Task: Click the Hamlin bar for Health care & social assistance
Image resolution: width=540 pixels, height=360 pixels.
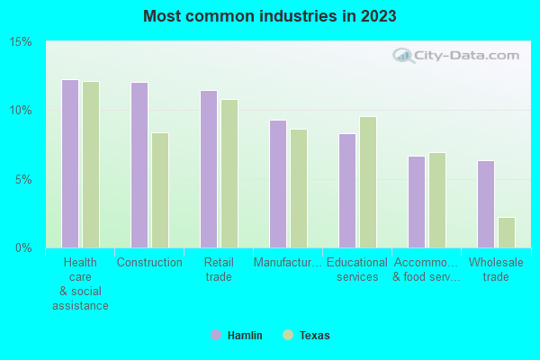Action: pyautogui.click(x=70, y=164)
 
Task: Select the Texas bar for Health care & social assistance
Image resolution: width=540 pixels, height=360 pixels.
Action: pyautogui.click(x=91, y=165)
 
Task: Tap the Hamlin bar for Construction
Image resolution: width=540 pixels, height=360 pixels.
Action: pyautogui.click(x=139, y=165)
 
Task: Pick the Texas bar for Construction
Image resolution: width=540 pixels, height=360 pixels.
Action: pyautogui.click(x=160, y=190)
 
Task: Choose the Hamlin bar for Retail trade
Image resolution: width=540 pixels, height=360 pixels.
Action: pyautogui.click(x=208, y=169)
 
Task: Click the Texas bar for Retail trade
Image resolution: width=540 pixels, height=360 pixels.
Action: pyautogui.click(x=229, y=174)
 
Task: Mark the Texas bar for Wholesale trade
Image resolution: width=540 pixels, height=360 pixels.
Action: pyautogui.click(x=507, y=232)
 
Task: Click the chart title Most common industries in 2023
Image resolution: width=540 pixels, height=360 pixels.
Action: pyautogui.click(x=269, y=16)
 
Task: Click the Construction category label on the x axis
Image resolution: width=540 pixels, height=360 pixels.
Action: pyautogui.click(x=149, y=263)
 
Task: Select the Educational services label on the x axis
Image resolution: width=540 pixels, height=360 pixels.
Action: pyautogui.click(x=357, y=270)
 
